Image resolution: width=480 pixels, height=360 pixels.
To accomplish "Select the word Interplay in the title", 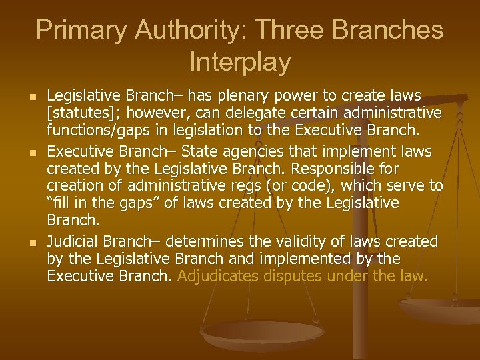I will click(240, 62).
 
